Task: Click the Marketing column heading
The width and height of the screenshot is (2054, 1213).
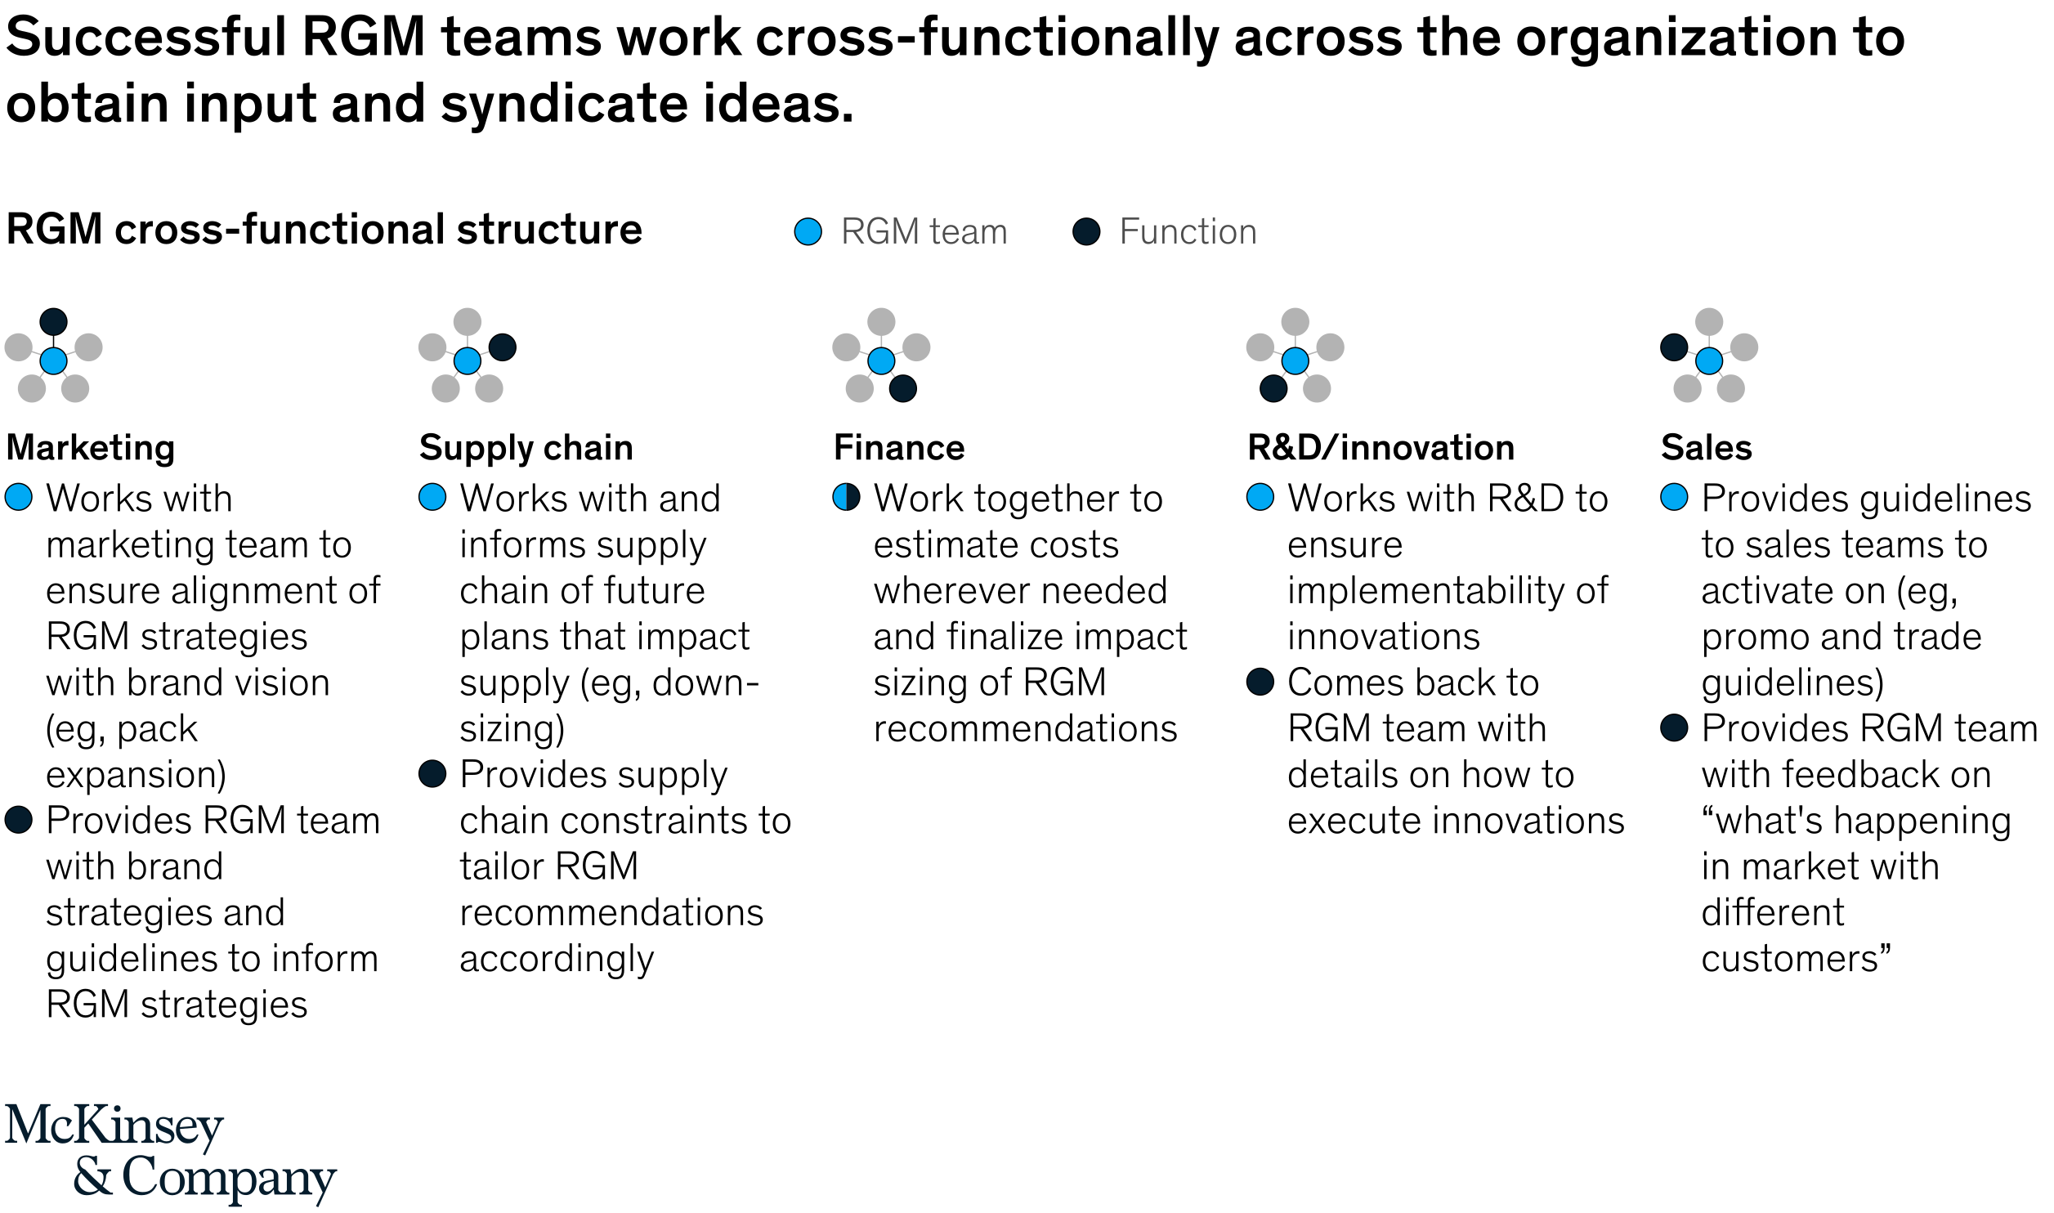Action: coord(91,448)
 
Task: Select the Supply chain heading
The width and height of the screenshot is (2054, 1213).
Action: coord(526,448)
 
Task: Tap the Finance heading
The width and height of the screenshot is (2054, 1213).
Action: coord(899,448)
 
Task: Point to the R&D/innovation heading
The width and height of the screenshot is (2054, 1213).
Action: coord(1381,448)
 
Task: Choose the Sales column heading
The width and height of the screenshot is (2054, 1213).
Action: coord(1707,448)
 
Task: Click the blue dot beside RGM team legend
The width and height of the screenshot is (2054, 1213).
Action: coord(808,231)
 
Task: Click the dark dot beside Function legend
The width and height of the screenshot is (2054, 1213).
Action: coord(1086,231)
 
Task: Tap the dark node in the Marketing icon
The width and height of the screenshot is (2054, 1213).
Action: coord(53,321)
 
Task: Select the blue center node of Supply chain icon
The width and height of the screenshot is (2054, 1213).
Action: coord(467,360)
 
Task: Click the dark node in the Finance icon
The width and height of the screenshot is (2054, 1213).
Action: coord(902,388)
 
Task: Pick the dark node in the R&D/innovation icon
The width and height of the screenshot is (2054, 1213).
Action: coord(1273,388)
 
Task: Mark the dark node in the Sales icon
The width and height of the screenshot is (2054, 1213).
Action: coord(1673,347)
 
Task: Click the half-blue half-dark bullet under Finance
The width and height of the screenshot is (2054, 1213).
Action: coord(846,497)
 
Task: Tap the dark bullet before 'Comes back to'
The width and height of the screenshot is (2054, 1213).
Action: coord(1260,682)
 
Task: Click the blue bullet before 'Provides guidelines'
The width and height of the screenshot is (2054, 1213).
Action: coord(1674,497)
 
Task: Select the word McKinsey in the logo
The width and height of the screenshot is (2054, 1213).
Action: coord(114,1126)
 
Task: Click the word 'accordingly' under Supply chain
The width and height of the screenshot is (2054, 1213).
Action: coord(557,959)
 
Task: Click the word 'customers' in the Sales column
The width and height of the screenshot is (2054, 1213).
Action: coord(1790,959)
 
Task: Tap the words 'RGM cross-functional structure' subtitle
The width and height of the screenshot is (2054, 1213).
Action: coord(324,230)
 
